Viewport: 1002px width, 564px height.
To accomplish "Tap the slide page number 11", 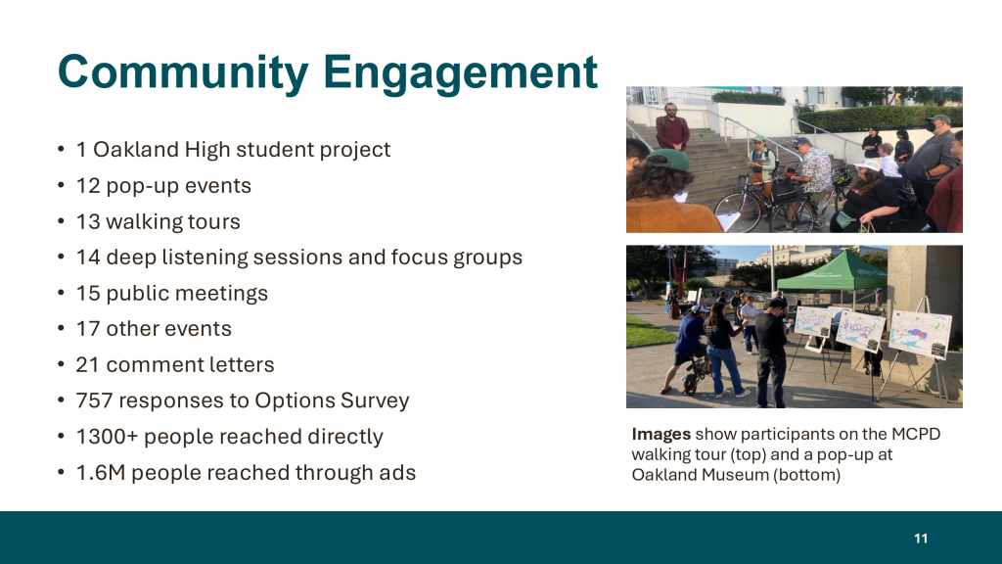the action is (921, 539).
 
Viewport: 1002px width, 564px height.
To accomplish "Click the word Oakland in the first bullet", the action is (135, 150).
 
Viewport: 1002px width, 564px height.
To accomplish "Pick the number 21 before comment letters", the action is (87, 364).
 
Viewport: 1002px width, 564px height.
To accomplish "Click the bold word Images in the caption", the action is (660, 435).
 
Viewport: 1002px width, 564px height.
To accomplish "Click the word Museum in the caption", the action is (738, 475).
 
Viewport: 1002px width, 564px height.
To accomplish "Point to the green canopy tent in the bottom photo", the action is (832, 272).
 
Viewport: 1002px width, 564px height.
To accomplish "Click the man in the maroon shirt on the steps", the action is (671, 126).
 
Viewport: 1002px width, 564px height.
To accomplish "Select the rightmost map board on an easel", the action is (920, 333).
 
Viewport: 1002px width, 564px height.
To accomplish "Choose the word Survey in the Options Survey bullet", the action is (375, 400).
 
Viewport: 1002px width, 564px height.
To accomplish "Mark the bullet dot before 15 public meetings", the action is (62, 293).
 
